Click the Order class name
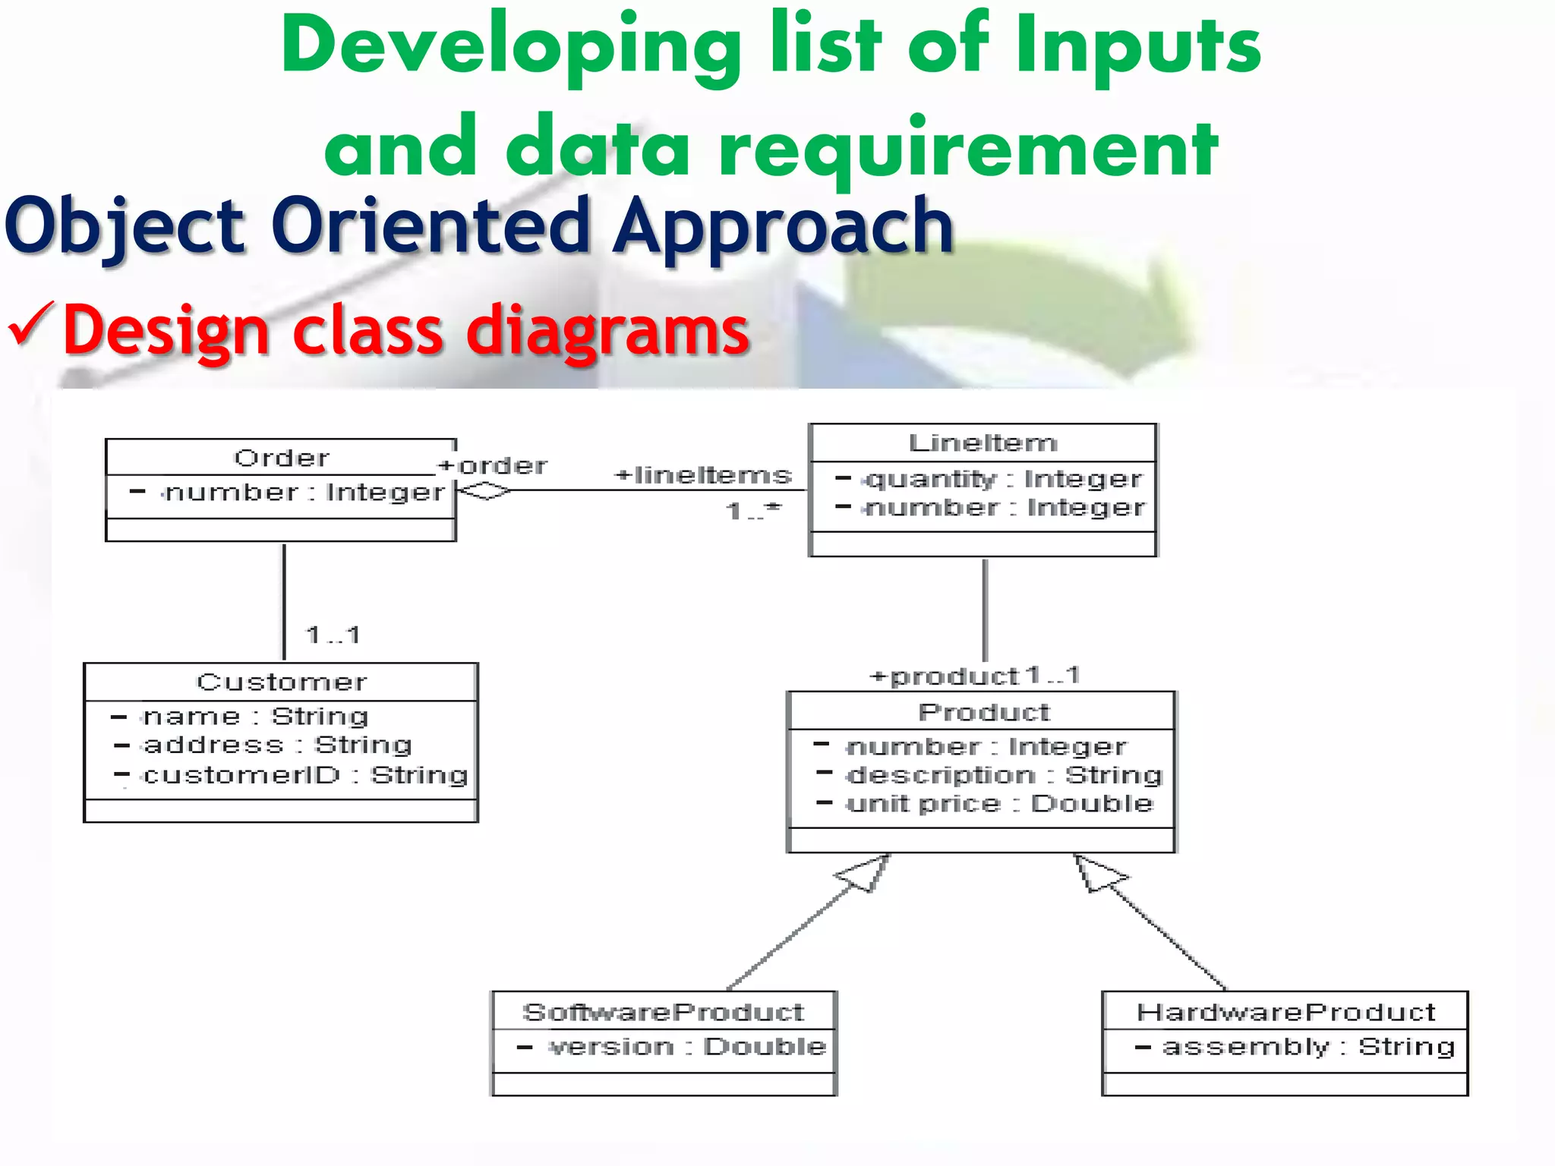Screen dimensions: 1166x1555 pyautogui.click(x=281, y=458)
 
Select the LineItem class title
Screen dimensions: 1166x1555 pyautogui.click(x=983, y=443)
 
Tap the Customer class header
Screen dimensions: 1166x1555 pyautogui.click(x=281, y=682)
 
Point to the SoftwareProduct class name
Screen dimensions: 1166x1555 pyautogui.click(x=663, y=1012)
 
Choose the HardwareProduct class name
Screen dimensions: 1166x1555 pyautogui.click(x=1285, y=1012)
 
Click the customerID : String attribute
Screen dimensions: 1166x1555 pyautogui.click(x=304, y=775)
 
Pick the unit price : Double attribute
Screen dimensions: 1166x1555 pyautogui.click(x=998, y=803)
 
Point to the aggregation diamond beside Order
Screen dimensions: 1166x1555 pyautogui.click(x=484, y=491)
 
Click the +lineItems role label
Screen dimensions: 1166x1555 pyautogui.click(x=703, y=475)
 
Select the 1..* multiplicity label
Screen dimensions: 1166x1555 pyautogui.click(x=752, y=511)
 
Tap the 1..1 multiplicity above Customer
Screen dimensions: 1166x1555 pyautogui.click(x=333, y=635)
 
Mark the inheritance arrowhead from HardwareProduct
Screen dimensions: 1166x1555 pyautogui.click(x=1097, y=873)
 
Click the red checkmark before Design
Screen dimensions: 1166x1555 pyautogui.click(x=30, y=324)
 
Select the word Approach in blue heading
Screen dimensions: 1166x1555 pyautogui.click(x=782, y=225)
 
